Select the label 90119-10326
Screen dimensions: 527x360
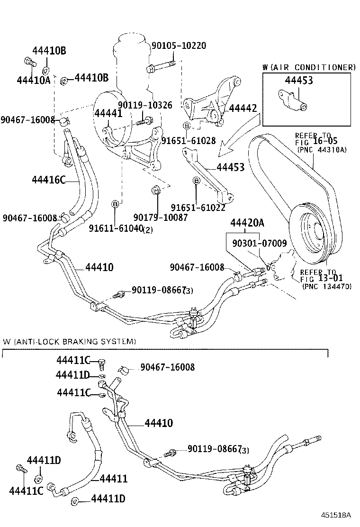coord(145,105)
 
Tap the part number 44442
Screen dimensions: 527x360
coord(243,109)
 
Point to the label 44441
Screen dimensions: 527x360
coord(108,113)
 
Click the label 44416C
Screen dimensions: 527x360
coord(48,179)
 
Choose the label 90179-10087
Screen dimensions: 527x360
coord(161,218)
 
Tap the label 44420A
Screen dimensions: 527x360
coord(247,223)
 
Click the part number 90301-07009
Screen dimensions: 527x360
coord(259,244)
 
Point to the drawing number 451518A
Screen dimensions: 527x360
coord(336,515)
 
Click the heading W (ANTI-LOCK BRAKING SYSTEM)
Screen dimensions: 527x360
coord(70,341)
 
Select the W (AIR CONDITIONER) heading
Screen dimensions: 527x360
coord(309,67)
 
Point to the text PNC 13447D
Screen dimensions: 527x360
coord(326,286)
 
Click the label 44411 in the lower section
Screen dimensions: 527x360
coord(113,479)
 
